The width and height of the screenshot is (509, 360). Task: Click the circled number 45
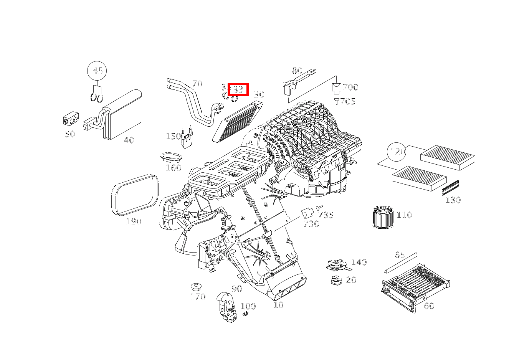click(97, 71)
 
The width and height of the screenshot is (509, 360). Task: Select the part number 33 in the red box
click(238, 89)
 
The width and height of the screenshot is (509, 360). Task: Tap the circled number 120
click(397, 152)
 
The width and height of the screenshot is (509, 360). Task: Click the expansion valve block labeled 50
click(70, 119)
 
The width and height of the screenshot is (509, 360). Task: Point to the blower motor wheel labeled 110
click(384, 217)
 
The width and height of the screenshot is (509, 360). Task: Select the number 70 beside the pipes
click(197, 84)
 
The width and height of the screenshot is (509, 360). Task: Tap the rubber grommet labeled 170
click(197, 287)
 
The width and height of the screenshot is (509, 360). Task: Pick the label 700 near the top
click(350, 87)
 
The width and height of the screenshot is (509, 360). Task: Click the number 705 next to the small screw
click(347, 101)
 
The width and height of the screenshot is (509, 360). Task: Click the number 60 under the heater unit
click(429, 306)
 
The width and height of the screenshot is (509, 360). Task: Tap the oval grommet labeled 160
click(171, 157)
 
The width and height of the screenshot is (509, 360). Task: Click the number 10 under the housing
click(278, 305)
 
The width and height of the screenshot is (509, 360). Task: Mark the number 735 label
click(326, 215)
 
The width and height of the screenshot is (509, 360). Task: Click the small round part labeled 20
click(336, 280)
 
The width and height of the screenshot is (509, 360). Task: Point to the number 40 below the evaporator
click(129, 140)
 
